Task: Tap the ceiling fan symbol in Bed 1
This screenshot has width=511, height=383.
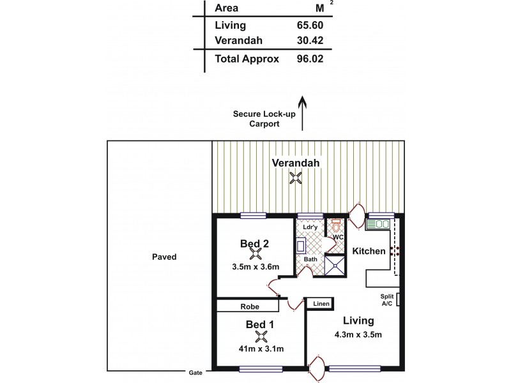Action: click(260, 336)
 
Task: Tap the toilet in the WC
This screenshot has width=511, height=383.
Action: click(336, 226)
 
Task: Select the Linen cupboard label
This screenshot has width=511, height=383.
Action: click(321, 304)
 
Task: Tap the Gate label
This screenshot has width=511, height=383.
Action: click(195, 372)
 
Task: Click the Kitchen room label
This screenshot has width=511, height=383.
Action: click(369, 252)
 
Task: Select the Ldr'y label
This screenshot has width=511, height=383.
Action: click(310, 227)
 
